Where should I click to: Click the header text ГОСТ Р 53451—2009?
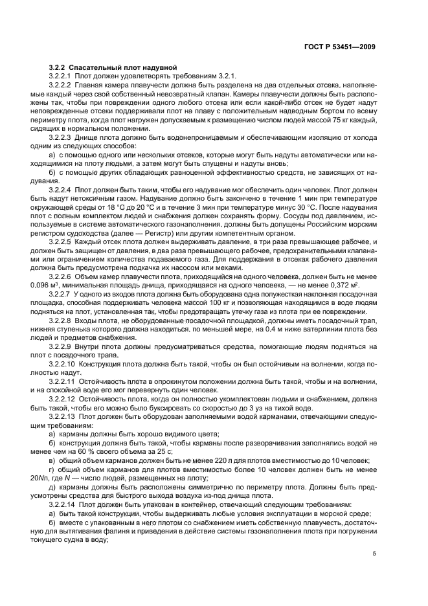click(x=339, y=47)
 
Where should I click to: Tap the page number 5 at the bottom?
click(x=374, y=554)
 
